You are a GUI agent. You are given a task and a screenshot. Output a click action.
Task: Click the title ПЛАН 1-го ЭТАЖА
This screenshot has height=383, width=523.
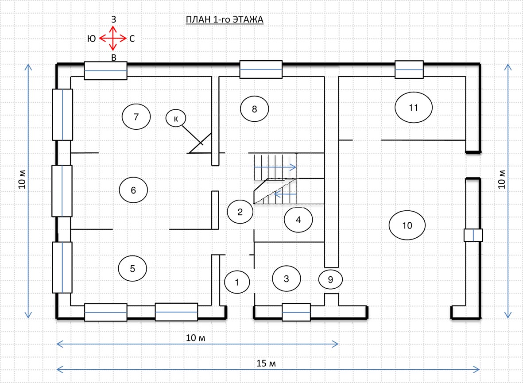pyautogui.click(x=225, y=19)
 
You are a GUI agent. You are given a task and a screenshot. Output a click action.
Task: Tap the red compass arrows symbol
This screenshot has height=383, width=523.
pyautogui.click(x=113, y=39)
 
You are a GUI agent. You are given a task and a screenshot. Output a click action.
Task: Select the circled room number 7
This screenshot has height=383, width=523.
pyautogui.click(x=136, y=116)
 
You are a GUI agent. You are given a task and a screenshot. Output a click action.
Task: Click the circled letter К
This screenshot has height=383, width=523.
pyautogui.click(x=176, y=118)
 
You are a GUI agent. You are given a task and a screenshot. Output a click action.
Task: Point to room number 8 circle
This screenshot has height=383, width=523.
pyautogui.click(x=255, y=109)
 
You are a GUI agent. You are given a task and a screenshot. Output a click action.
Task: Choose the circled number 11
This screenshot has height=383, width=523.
pyautogui.click(x=414, y=108)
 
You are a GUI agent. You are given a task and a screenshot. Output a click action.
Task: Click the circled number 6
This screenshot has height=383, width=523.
pyautogui.click(x=133, y=190)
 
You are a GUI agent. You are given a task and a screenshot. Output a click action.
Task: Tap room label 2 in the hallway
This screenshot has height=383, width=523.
pyautogui.click(x=240, y=212)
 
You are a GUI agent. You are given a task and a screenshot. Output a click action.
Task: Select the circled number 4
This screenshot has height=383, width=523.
pyautogui.click(x=298, y=220)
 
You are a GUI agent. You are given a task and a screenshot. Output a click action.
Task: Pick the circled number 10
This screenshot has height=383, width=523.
pyautogui.click(x=407, y=225)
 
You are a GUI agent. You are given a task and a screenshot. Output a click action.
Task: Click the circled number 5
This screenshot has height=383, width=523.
pyautogui.click(x=132, y=268)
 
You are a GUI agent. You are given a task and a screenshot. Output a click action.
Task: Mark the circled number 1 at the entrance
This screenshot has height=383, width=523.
pyautogui.click(x=237, y=282)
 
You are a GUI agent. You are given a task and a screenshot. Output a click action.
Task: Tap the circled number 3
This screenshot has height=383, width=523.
pyautogui.click(x=287, y=279)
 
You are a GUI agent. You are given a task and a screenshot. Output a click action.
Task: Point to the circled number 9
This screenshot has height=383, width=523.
pyautogui.click(x=330, y=279)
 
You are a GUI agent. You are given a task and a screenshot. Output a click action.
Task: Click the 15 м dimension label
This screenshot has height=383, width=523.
pyautogui.click(x=266, y=364)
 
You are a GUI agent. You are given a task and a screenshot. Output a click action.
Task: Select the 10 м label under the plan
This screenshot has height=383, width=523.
pyautogui.click(x=195, y=338)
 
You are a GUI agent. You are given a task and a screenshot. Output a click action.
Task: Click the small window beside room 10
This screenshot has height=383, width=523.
pyautogui.click(x=473, y=235)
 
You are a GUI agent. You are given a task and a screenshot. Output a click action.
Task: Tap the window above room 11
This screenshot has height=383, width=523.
pyautogui.click(x=409, y=70)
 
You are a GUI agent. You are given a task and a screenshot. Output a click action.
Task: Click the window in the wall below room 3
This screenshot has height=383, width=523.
pyautogui.click(x=296, y=312)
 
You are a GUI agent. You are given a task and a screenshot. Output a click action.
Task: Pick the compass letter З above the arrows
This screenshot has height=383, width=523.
pyautogui.click(x=113, y=19)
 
